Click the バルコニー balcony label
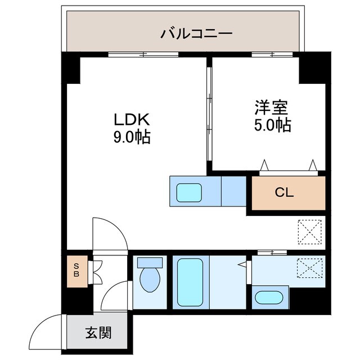tap(196, 34)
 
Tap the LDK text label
tap(132, 119)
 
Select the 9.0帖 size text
tap(132, 137)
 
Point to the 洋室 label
tap(271, 107)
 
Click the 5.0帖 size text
tap(272, 125)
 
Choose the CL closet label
tap(285, 193)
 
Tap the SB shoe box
tap(77, 271)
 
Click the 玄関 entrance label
tap(98, 332)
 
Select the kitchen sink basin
tap(189, 192)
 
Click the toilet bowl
tap(150, 280)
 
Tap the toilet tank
tap(150, 263)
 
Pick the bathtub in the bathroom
tap(190, 282)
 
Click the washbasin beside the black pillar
tap(269, 298)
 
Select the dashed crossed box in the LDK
tap(309, 232)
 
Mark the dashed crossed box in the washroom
tap(309, 268)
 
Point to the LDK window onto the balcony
tap(143, 55)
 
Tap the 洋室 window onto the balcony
tap(272, 55)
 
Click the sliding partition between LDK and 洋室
tap(209, 114)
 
